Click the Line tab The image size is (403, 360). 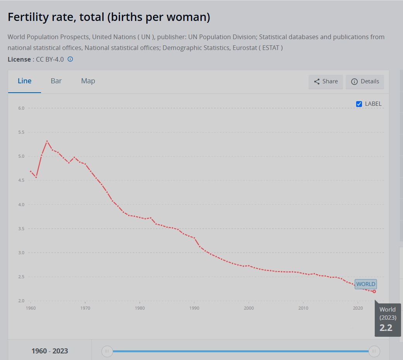click(x=24, y=81)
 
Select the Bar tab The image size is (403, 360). click(x=56, y=81)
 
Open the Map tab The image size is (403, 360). click(x=88, y=81)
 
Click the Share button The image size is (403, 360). click(x=326, y=81)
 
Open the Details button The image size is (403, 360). click(x=365, y=81)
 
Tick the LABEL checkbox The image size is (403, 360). click(x=359, y=104)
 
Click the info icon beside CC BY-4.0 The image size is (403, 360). click(x=70, y=59)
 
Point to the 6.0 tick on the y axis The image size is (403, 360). click(x=21, y=108)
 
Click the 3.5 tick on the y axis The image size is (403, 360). click(x=21, y=229)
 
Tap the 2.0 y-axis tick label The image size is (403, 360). click(x=21, y=301)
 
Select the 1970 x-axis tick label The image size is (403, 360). click(x=85, y=308)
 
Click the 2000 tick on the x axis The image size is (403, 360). click(x=249, y=308)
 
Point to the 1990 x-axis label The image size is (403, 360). click(x=194, y=308)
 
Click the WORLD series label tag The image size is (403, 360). click(x=365, y=284)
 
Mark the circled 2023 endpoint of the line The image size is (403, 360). click(x=374, y=291)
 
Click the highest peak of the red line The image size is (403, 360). click(x=47, y=141)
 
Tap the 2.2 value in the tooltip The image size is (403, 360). click(x=386, y=328)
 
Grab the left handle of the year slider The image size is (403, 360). click(x=107, y=351)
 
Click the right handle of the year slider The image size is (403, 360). click(x=374, y=351)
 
